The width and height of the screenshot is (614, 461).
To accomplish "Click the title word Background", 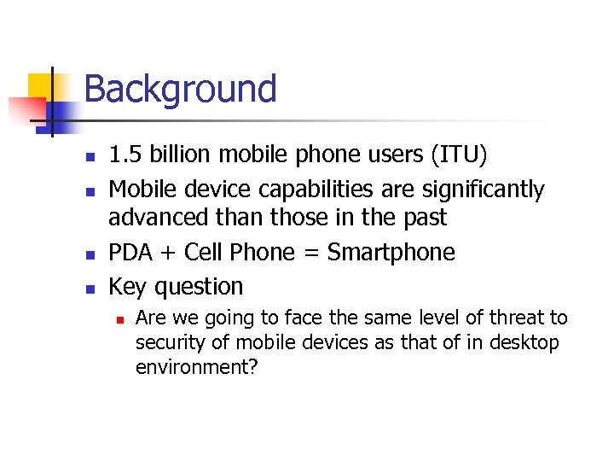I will [x=180, y=89].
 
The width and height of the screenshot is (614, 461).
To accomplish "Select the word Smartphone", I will [x=391, y=253].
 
